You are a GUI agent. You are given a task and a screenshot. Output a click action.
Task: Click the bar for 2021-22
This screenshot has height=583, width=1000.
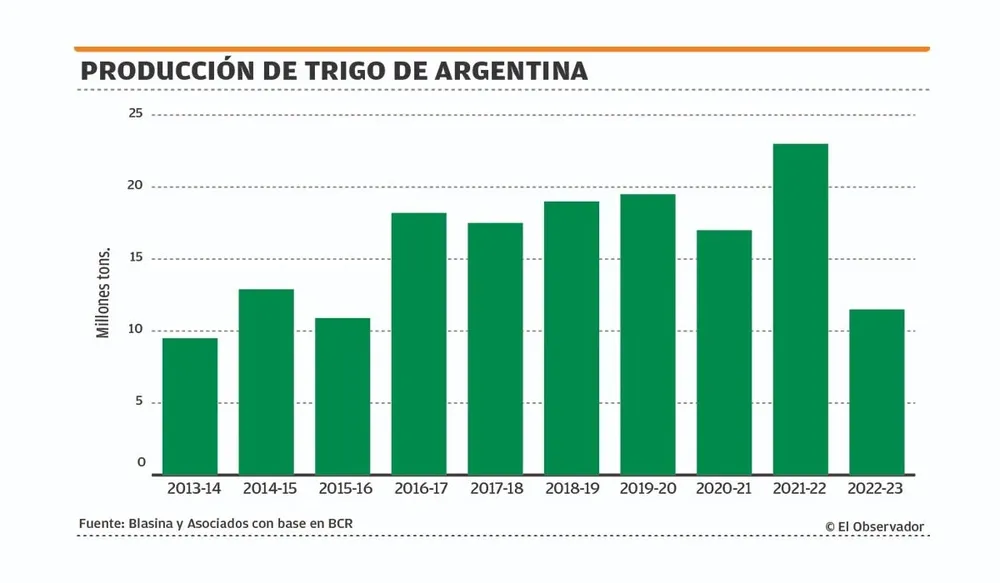(x=800, y=309)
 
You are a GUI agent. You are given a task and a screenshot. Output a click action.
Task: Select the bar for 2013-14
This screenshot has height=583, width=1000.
(x=190, y=406)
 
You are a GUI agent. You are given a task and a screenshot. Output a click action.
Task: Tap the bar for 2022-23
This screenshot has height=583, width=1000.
(x=876, y=392)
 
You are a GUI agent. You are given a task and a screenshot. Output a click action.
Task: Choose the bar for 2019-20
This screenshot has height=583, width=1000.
(x=647, y=334)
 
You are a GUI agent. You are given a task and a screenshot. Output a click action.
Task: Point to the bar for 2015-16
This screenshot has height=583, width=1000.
(x=343, y=396)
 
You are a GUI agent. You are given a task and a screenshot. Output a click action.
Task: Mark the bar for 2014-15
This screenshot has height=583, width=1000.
(x=266, y=382)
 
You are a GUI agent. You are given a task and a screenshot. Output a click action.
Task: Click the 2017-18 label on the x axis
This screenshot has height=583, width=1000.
(x=495, y=490)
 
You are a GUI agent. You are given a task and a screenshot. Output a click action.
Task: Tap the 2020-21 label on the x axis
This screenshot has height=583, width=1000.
(x=724, y=490)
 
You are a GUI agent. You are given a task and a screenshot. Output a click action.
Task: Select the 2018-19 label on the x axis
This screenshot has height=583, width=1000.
(x=571, y=490)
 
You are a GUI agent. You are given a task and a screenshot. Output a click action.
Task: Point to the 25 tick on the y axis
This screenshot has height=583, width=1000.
(x=134, y=114)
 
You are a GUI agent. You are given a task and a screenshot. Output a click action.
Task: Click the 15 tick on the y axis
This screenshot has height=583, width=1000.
(x=134, y=258)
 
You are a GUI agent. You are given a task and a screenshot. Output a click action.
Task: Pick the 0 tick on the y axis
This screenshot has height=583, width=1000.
(x=141, y=463)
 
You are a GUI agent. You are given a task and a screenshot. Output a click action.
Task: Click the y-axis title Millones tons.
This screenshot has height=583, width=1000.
(x=103, y=293)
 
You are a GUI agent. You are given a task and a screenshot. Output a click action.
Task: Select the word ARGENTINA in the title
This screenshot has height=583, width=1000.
(x=511, y=71)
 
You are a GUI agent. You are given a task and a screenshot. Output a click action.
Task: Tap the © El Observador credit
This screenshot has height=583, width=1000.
(x=874, y=526)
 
